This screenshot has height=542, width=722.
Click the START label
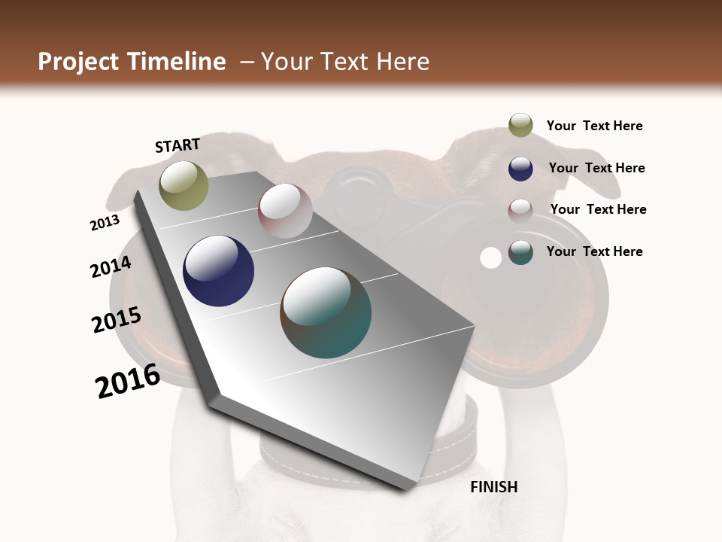pyautogui.click(x=177, y=145)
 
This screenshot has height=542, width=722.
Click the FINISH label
pyautogui.click(x=493, y=487)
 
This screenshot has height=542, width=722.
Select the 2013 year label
pyautogui.click(x=105, y=223)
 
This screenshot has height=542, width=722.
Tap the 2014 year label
pyautogui.click(x=111, y=267)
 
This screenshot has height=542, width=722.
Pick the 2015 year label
pyautogui.click(x=117, y=320)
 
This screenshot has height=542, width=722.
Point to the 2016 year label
pyautogui.click(x=128, y=381)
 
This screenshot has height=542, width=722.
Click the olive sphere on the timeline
pyautogui.click(x=184, y=185)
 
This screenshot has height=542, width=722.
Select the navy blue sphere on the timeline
pyautogui.click(x=218, y=271)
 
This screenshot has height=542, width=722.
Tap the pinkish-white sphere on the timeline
pyautogui.click(x=285, y=211)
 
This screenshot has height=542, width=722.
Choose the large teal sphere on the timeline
pyautogui.click(x=326, y=312)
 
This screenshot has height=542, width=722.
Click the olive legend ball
pyautogui.click(x=520, y=126)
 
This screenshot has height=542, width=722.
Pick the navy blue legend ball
pyautogui.click(x=520, y=169)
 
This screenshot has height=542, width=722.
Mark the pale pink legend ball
pyautogui.click(x=520, y=210)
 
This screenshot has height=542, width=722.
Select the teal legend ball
pyautogui.click(x=520, y=252)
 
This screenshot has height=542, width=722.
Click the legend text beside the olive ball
pyautogui.click(x=594, y=126)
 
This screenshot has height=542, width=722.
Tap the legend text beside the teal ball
pyautogui.click(x=594, y=251)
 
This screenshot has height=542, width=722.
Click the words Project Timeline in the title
pyautogui.click(x=132, y=62)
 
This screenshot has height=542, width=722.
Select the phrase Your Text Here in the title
pyautogui.click(x=345, y=62)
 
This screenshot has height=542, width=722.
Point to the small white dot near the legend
pyautogui.click(x=490, y=258)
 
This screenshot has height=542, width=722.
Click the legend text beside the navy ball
pyautogui.click(x=596, y=168)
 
